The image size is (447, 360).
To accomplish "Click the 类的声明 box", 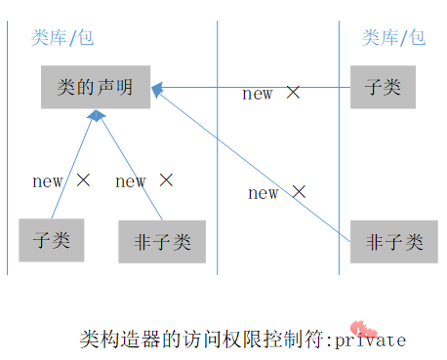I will (95, 88).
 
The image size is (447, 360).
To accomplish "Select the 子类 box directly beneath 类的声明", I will (51, 240).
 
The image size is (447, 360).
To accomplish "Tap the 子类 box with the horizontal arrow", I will (383, 87).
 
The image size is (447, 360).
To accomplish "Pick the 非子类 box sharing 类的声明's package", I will (162, 242).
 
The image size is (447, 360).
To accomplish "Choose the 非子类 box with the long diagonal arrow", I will (393, 242).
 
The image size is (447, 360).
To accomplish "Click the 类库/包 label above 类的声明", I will (63, 38).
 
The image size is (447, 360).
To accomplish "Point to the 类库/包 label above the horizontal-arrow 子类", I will (393, 38).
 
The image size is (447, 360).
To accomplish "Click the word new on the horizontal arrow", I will (258, 94).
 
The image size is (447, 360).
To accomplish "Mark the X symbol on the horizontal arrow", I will (293, 93).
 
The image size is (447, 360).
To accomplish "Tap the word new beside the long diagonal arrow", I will (264, 193).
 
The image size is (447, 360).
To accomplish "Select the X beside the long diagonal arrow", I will (299, 192).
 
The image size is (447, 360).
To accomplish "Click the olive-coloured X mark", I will (83, 180).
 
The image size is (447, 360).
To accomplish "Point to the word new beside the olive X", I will (47, 180).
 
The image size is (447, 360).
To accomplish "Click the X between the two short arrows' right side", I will (166, 180).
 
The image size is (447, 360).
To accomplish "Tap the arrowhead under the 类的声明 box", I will (96, 116).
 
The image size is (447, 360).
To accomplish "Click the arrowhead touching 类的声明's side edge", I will (157, 89).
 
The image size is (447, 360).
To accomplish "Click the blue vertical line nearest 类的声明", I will (217, 146).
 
